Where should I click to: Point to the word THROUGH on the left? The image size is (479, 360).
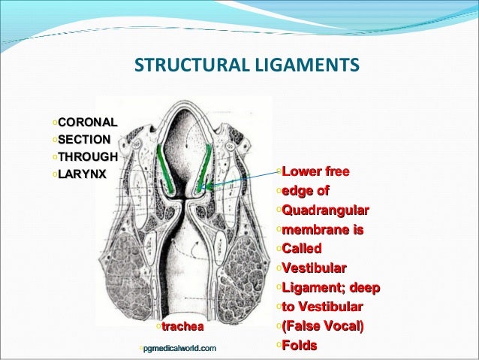coord(88,157)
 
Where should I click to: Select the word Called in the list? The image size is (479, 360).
coord(301,248)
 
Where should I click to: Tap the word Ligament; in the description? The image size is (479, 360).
coord(310,287)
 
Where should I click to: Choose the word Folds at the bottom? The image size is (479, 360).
coord(300,345)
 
